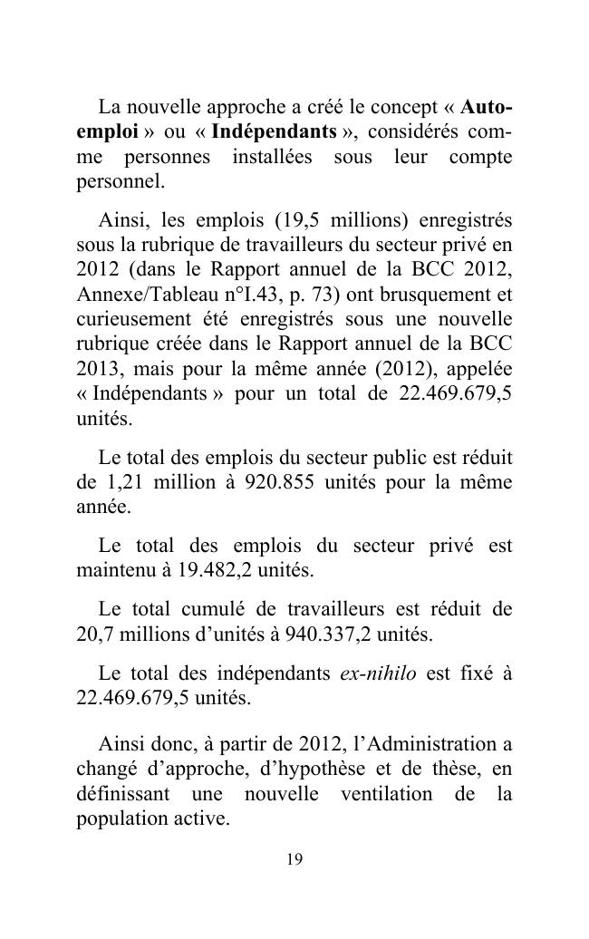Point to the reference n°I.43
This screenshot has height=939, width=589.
click(x=243, y=295)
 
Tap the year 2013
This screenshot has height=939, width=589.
click(x=95, y=371)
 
